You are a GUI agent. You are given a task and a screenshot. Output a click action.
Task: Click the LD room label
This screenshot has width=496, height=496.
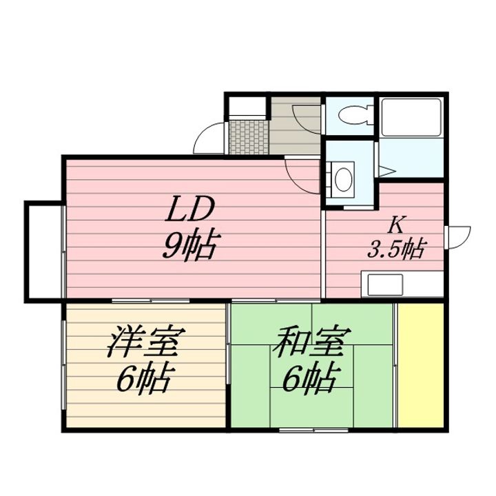point(190,209)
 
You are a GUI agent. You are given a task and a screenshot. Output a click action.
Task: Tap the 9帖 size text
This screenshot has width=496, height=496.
point(190,245)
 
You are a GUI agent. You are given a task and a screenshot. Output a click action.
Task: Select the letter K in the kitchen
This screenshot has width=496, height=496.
point(395,225)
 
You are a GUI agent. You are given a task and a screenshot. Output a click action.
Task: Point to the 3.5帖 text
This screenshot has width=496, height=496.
point(395,249)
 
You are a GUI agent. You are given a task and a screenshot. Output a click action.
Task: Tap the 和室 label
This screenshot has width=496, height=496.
point(312,342)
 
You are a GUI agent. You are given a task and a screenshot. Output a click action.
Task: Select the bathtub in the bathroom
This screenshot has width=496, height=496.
point(411,117)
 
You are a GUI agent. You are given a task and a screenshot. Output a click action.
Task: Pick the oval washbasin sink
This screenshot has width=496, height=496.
point(344,179)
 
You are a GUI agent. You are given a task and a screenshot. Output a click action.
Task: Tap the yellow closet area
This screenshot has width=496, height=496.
point(421,365)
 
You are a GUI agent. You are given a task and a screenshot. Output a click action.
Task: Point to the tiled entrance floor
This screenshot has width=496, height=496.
point(249,136)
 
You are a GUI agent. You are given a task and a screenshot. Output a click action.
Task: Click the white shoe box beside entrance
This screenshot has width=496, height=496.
point(247,106)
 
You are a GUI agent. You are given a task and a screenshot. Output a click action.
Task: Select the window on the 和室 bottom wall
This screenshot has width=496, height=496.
point(314,430)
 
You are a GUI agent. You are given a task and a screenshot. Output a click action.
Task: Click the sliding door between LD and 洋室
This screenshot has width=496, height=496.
point(151,300)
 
